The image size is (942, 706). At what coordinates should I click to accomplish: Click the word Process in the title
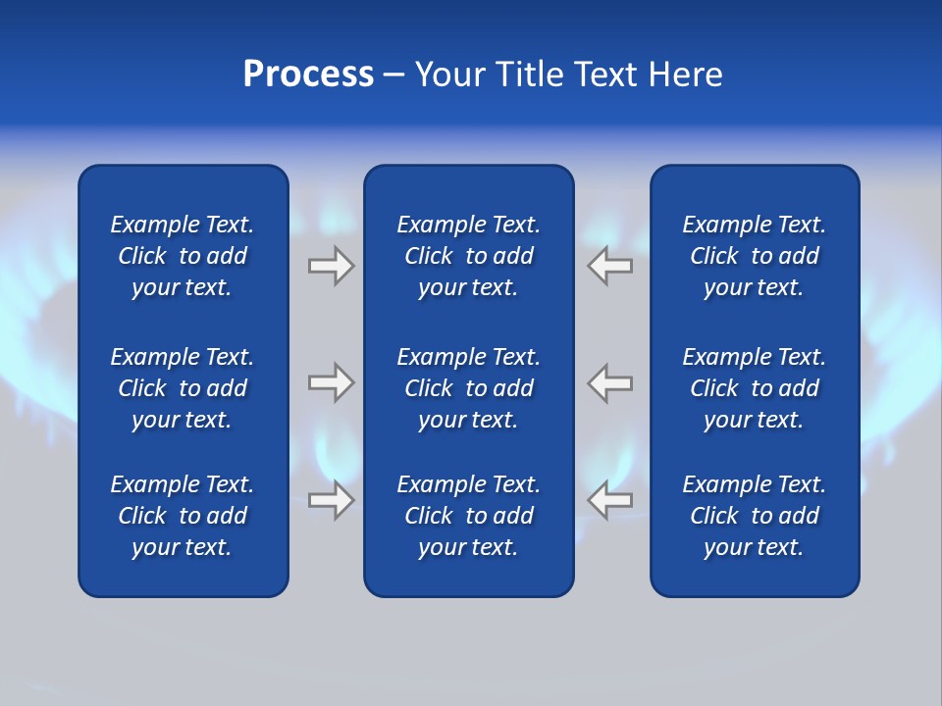tap(308, 75)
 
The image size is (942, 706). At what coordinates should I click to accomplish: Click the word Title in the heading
tap(530, 75)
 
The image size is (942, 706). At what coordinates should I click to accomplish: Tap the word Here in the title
tap(685, 75)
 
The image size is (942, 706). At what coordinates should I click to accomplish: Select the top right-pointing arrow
tap(331, 266)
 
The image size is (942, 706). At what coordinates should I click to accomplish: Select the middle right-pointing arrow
tap(331, 382)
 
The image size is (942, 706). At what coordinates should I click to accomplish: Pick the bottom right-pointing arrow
tap(331, 500)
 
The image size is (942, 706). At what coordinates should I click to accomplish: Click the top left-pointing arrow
tap(610, 266)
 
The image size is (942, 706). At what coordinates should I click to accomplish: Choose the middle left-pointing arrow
tap(610, 382)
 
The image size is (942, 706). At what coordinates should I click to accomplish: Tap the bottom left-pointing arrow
tap(610, 500)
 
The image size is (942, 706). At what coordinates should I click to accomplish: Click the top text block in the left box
tap(183, 256)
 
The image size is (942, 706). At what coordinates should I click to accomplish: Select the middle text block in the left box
tap(183, 388)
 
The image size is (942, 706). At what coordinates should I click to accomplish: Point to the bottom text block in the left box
tap(183, 516)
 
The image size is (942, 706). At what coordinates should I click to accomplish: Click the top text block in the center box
tap(468, 256)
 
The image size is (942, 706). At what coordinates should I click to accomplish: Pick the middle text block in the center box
tap(468, 388)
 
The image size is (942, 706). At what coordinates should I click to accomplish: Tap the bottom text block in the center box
tap(468, 516)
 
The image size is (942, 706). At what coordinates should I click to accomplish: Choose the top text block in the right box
tap(754, 256)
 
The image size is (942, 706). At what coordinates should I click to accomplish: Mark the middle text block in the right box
tap(754, 388)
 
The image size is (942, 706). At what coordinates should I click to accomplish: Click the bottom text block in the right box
tap(754, 516)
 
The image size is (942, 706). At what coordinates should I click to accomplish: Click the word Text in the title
tap(604, 75)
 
